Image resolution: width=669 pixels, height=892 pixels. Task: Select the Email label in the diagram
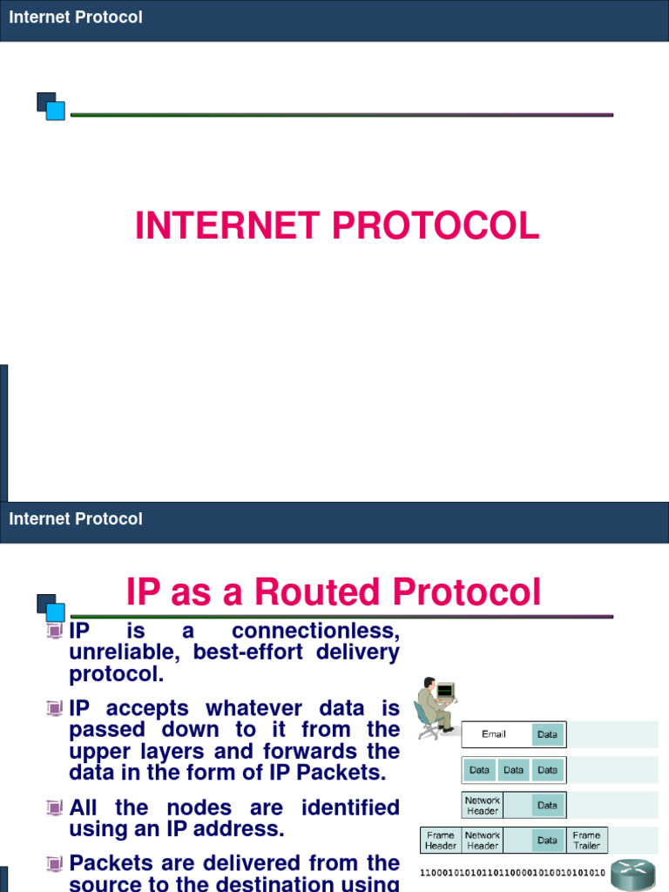(493, 734)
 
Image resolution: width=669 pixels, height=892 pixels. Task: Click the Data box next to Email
(547, 734)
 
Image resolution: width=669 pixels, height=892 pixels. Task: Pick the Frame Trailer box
(586, 840)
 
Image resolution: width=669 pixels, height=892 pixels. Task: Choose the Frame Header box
(441, 840)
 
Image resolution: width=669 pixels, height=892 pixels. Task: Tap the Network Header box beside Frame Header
(483, 840)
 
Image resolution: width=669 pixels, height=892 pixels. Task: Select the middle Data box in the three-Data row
(514, 770)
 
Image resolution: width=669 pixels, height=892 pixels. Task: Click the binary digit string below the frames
(512, 871)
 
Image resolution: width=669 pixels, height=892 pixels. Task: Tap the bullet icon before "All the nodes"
(56, 808)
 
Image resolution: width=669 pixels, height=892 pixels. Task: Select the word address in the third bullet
(247, 829)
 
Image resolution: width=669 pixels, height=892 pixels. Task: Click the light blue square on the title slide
(55, 111)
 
